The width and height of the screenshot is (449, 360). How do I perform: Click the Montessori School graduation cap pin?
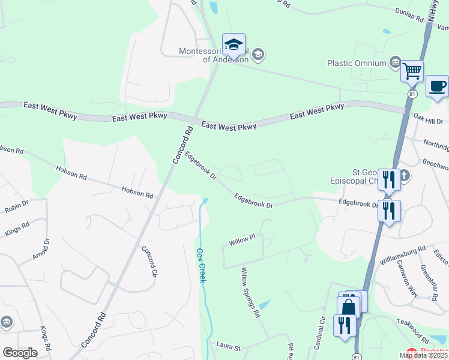(x=234, y=44)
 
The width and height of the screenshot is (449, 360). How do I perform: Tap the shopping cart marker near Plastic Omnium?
(x=412, y=71)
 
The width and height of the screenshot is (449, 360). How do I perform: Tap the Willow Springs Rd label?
(x=250, y=293)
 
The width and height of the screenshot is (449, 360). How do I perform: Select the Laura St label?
(x=228, y=347)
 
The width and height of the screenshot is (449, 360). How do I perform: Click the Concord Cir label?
(x=149, y=262)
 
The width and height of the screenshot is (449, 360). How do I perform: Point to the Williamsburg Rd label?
(x=402, y=255)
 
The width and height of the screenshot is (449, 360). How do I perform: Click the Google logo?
(x=20, y=352)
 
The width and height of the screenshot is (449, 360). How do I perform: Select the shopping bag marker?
(x=348, y=307)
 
